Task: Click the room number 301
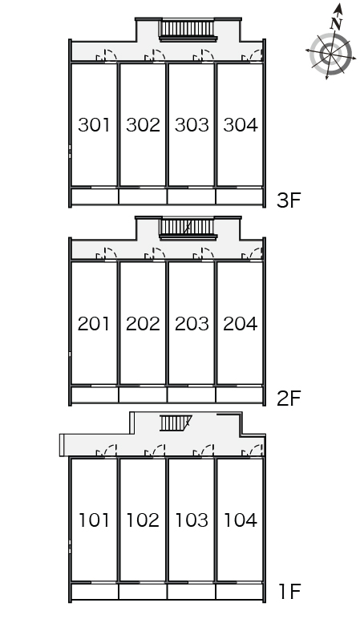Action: [94, 125]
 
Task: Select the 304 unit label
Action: [241, 125]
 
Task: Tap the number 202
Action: [143, 324]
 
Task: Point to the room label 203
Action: [192, 324]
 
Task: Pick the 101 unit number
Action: [94, 520]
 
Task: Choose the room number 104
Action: [241, 520]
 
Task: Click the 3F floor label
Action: [289, 200]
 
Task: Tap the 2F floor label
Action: [289, 399]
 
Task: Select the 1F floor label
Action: [290, 592]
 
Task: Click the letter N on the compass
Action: [336, 24]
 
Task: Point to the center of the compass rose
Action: [330, 54]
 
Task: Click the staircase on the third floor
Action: [188, 30]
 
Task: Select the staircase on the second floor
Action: [188, 229]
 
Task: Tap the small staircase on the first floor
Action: [176, 423]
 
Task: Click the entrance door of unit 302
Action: [155, 56]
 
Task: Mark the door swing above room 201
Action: [106, 255]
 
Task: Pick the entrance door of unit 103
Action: [204, 451]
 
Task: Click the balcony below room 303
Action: [192, 196]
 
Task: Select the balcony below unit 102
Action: [143, 592]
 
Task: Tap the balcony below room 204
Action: [240, 394]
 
